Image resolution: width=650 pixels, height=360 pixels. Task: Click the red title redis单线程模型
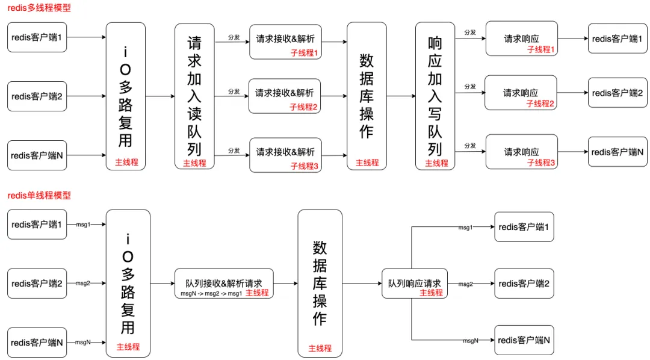39,196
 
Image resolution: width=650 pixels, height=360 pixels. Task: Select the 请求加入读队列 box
194,96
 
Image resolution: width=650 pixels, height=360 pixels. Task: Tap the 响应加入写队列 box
435,96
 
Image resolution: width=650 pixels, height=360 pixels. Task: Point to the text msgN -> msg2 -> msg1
211,293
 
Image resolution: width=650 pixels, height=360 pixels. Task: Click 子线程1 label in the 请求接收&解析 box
303,53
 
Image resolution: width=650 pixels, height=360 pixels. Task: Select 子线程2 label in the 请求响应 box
540,104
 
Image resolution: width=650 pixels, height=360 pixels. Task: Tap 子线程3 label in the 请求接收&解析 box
303,166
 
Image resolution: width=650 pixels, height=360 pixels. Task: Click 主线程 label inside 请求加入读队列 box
194,163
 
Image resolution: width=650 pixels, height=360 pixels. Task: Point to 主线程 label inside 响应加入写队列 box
437,163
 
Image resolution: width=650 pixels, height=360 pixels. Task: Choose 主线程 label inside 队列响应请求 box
431,293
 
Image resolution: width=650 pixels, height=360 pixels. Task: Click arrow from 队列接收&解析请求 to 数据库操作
285,283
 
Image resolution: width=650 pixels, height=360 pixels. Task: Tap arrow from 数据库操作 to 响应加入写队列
401,96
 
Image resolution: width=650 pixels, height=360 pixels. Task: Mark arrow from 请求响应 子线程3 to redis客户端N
572,152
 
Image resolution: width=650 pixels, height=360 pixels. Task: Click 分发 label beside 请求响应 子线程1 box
470,33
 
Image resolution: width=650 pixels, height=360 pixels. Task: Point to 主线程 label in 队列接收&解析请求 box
257,293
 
